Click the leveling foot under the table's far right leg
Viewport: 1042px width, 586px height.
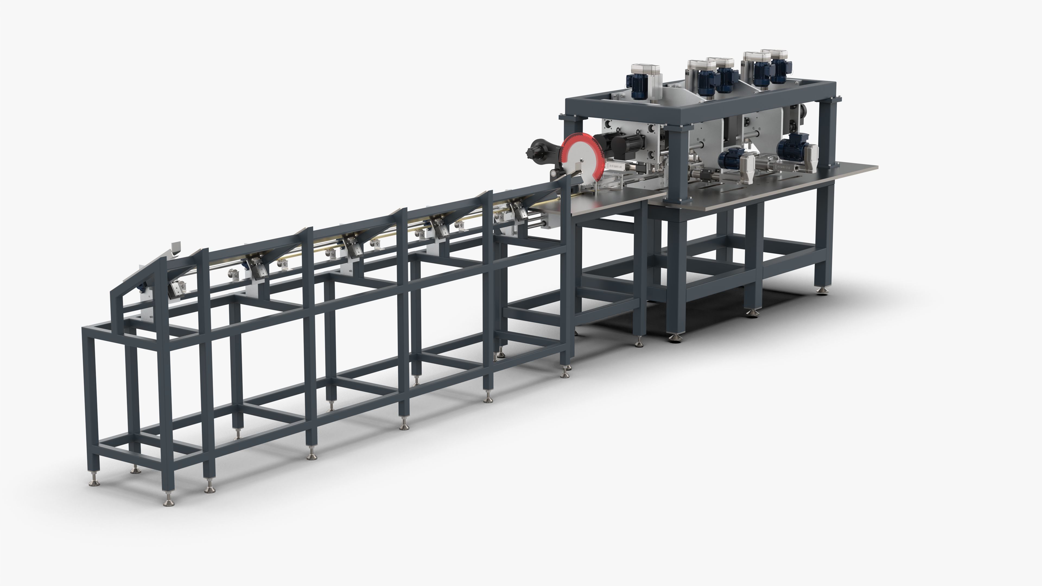pos(821,290)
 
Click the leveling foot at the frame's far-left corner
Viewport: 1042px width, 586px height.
pos(94,482)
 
